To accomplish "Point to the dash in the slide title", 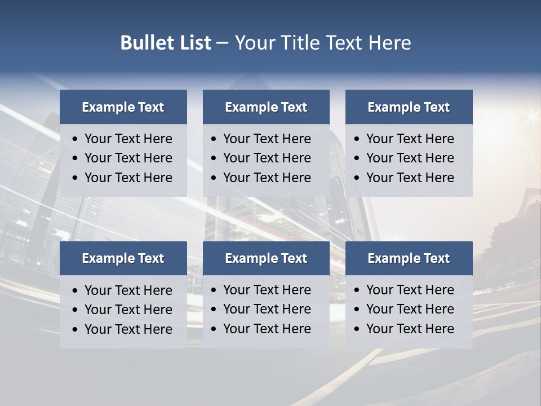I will pyautogui.click(x=222, y=43).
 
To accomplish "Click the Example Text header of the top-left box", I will pyautogui.click(x=123, y=107).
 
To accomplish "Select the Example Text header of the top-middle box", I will pyautogui.click(x=266, y=107).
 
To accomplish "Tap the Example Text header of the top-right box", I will pyautogui.click(x=409, y=107).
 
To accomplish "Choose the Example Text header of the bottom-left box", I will pyautogui.click(x=123, y=258).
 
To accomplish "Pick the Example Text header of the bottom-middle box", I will pyautogui.click(x=266, y=258).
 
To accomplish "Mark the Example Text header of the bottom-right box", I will pyautogui.click(x=409, y=258).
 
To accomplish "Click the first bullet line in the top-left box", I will pyautogui.click(x=128, y=139).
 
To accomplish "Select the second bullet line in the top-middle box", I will pyautogui.click(x=267, y=158).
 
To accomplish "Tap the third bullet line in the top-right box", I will pyautogui.click(x=410, y=178).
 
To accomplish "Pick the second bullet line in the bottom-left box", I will pyautogui.click(x=128, y=310).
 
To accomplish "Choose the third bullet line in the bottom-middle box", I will pyautogui.click(x=267, y=329).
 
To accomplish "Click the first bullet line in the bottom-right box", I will pyautogui.click(x=410, y=290).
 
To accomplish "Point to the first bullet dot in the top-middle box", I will pyautogui.click(x=214, y=139).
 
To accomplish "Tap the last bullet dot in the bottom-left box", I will pyautogui.click(x=75, y=330).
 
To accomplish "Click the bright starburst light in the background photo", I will pyautogui.click(x=531, y=117).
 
